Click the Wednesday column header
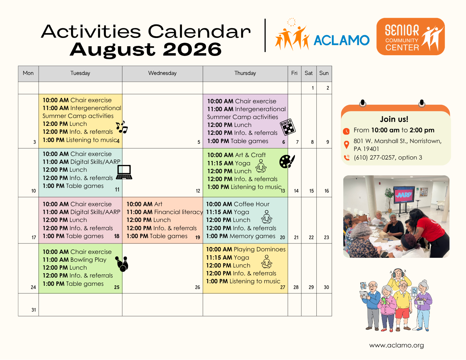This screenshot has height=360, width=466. [163, 73]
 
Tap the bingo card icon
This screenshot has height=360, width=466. [288, 127]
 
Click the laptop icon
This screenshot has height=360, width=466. [124, 172]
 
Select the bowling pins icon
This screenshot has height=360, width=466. [122, 264]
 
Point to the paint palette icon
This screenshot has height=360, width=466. [287, 161]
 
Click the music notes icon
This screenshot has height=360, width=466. [122, 127]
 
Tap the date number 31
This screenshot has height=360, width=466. [34, 310]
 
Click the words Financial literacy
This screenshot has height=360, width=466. [178, 212]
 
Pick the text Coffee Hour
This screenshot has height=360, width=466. [251, 204]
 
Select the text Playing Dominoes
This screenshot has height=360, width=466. [259, 250]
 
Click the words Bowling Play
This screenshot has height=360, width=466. [88, 260]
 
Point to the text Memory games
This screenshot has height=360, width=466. [253, 236]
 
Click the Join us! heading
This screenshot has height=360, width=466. [394, 119]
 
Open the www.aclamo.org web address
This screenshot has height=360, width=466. [396, 345]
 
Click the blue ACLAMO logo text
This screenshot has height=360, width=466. [342, 40]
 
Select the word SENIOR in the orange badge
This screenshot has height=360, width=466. [402, 30]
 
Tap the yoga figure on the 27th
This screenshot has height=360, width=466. [267, 262]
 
